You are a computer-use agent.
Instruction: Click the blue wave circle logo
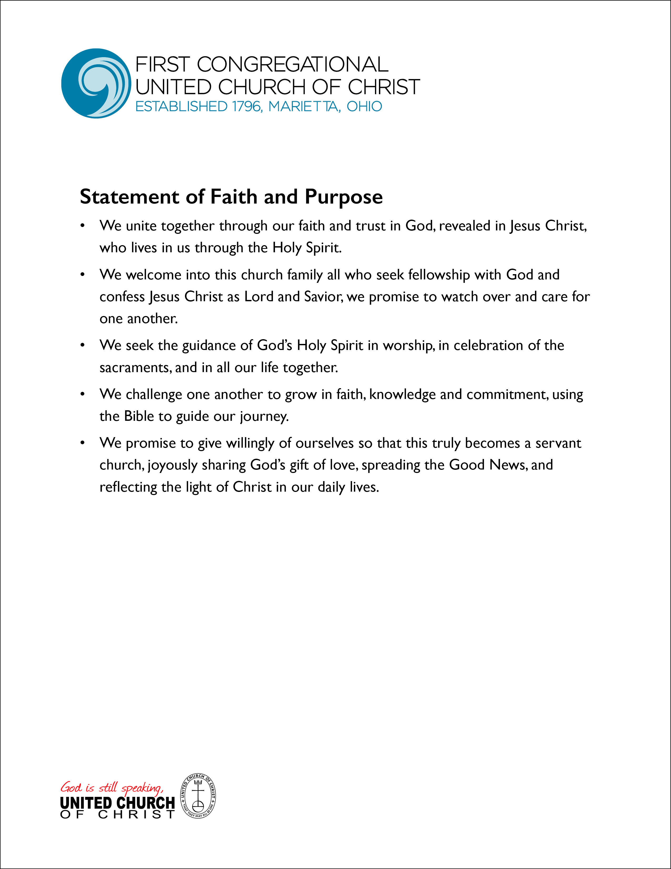(96, 83)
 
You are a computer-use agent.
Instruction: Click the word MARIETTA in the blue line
(304, 107)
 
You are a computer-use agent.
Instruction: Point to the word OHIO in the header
(364, 107)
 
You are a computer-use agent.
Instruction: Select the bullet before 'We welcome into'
(83, 275)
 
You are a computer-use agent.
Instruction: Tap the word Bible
(139, 416)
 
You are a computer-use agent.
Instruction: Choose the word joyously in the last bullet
(173, 465)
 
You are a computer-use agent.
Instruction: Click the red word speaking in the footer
(142, 787)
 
